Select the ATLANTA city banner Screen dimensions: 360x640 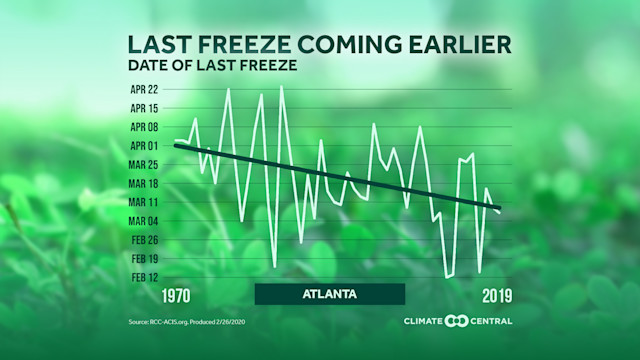coord(329,294)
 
